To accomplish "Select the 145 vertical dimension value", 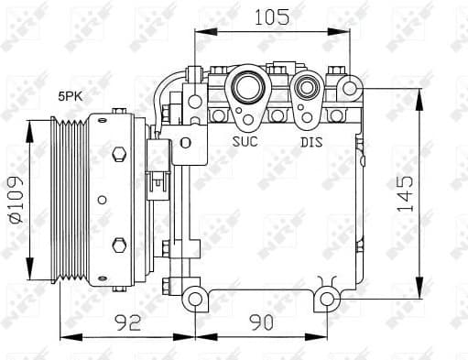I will pyautogui.click(x=406, y=194).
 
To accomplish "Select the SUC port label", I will pyautogui.click(x=246, y=142).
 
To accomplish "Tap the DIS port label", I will pyautogui.click(x=311, y=142).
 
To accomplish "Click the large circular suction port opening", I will pyautogui.click(x=245, y=89).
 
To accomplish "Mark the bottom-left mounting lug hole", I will pyautogui.click(x=194, y=298).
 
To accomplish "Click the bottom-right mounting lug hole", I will pyautogui.click(x=330, y=298).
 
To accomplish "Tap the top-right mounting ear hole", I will pyautogui.click(x=349, y=87).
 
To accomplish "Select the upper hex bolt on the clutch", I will pyautogui.click(x=118, y=155).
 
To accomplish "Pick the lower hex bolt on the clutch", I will pyautogui.click(x=118, y=245).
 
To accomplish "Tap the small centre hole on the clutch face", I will pyautogui.click(x=103, y=199).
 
